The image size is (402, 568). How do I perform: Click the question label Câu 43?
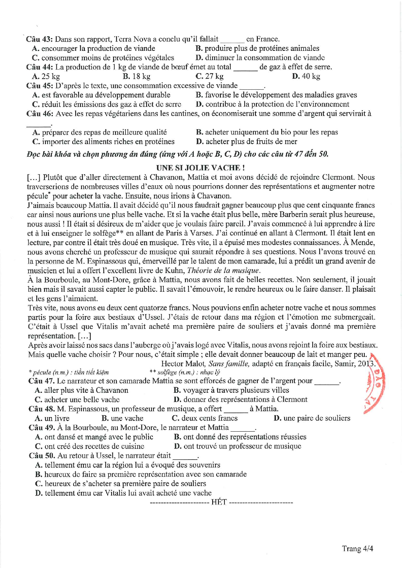pos(39,39)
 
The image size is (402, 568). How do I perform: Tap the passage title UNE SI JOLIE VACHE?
pos(200,168)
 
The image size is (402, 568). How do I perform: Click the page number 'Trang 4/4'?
pos(358,549)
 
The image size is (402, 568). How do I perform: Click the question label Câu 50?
pos(42,456)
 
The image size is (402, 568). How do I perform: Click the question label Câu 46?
pos(40,114)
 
